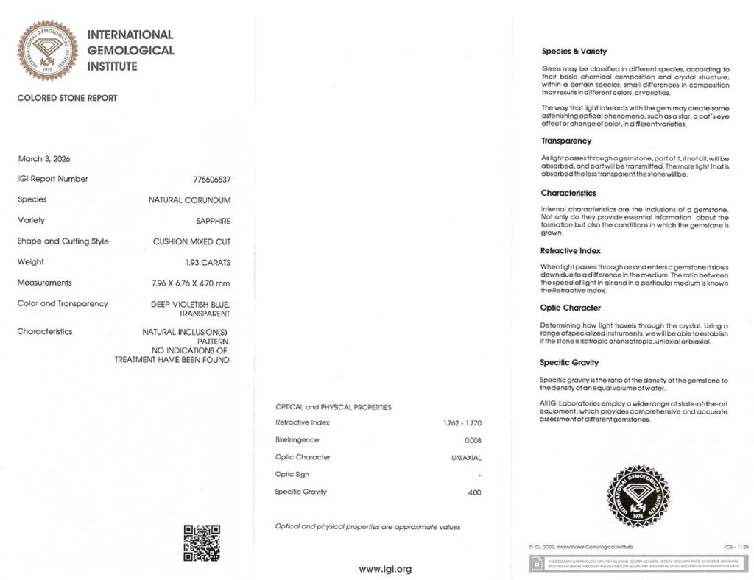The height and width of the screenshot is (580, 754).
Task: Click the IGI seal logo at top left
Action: point(48,50)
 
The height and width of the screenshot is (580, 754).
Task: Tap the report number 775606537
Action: point(212,180)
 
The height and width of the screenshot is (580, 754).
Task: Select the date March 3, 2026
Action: point(43,159)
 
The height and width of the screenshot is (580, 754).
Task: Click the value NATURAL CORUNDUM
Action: point(189,200)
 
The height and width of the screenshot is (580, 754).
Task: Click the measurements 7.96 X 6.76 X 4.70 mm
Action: point(191,283)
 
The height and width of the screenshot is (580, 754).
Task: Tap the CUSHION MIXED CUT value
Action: point(191,241)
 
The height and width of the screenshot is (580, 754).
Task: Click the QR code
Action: point(201,542)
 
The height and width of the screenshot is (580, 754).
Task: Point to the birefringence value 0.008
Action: point(473,440)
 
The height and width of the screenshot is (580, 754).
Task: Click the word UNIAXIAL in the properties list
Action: point(466,458)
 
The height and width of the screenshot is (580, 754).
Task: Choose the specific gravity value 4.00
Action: point(474,492)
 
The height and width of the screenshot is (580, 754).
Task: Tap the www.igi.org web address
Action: point(384,569)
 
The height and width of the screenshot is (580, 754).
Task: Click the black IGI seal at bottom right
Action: point(638,496)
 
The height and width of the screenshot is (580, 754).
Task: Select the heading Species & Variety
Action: point(574,52)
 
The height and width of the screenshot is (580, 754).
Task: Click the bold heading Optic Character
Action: point(571,308)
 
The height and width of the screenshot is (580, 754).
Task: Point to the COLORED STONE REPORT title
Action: point(67,98)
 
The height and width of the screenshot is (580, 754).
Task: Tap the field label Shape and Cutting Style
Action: point(63,241)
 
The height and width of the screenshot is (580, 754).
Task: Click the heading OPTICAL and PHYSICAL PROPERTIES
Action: point(334,407)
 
